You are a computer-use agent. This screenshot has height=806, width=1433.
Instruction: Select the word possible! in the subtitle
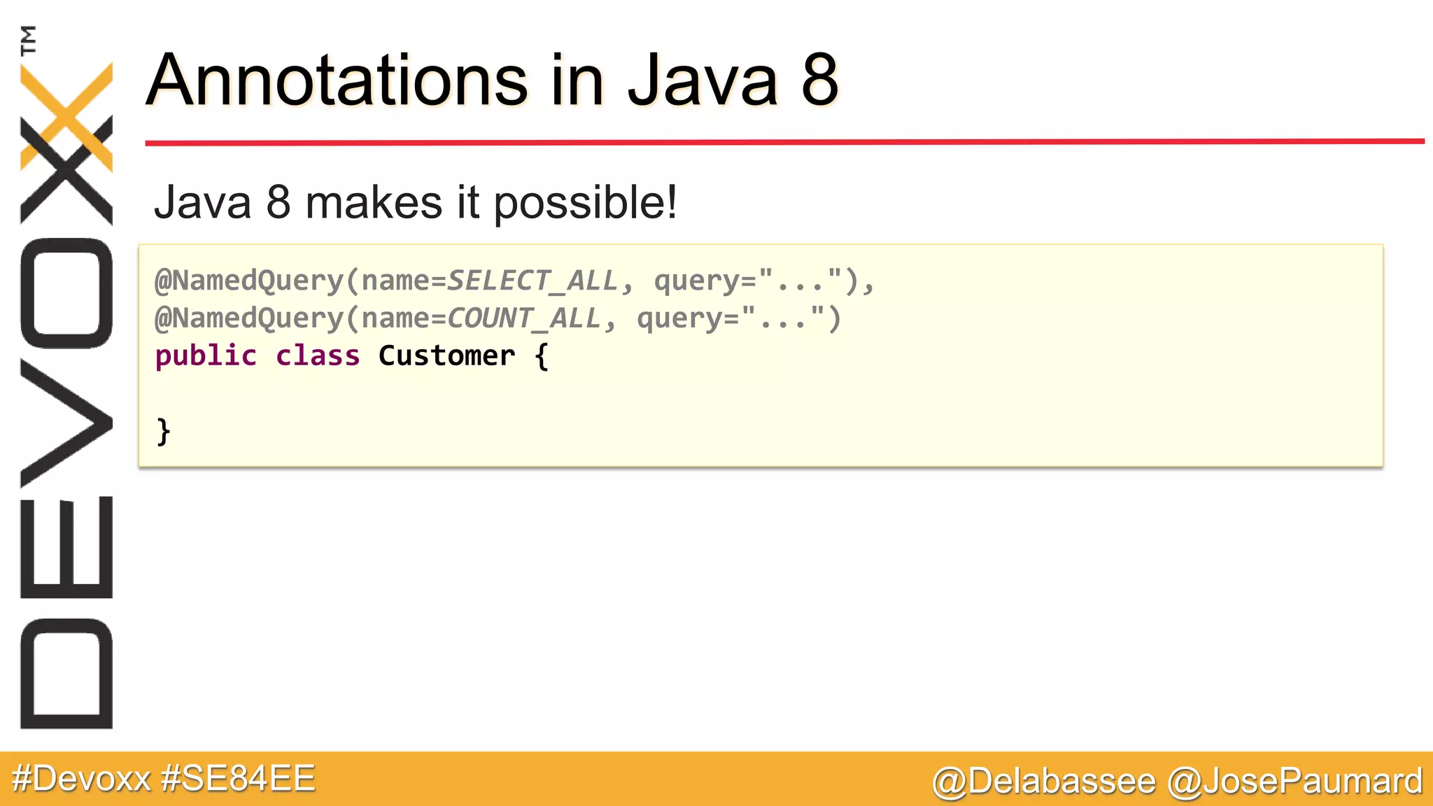click(586, 203)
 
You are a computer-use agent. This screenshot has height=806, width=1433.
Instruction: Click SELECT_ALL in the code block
click(532, 281)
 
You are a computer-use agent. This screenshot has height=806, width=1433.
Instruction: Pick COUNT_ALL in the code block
click(523, 318)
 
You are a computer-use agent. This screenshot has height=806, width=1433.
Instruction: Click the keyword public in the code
click(206, 356)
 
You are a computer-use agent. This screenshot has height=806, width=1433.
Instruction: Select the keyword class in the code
click(318, 356)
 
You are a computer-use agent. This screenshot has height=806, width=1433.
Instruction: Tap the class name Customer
click(446, 356)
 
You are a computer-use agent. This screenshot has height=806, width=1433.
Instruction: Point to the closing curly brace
click(163, 432)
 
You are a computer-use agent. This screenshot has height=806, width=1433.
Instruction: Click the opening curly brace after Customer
click(542, 356)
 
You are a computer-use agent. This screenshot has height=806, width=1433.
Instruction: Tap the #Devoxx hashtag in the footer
click(81, 779)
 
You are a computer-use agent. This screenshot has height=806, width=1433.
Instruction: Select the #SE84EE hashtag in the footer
click(238, 779)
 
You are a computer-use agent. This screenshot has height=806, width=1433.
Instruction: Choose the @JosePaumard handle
click(1295, 781)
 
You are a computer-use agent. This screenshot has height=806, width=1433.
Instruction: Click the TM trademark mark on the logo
click(29, 40)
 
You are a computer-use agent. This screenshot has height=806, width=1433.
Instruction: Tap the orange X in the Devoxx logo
click(66, 115)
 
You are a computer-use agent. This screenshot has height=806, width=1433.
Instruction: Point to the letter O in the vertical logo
click(66, 293)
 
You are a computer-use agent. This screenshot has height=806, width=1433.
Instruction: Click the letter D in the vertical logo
click(66, 674)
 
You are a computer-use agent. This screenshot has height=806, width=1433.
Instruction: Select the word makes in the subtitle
click(374, 203)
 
